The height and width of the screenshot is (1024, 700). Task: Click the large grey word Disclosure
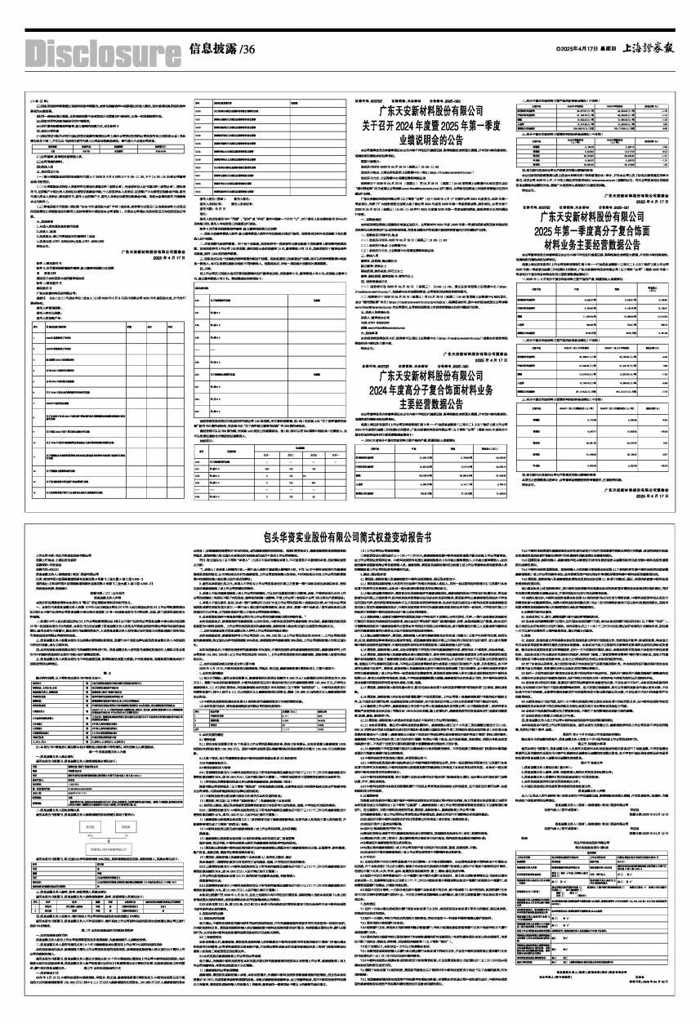coord(95,51)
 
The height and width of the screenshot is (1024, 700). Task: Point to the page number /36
coord(248,50)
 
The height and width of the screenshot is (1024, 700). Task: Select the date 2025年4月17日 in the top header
coord(567,50)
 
